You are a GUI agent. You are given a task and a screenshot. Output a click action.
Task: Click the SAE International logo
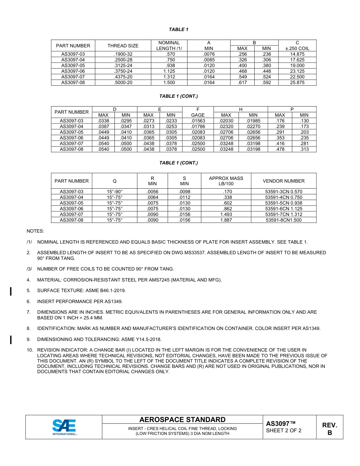click(64, 427)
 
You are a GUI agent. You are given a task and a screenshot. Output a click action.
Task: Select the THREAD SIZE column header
click(123, 46)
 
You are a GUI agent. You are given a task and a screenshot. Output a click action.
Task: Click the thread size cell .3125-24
click(123, 66)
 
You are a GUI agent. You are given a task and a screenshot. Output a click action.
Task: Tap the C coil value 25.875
click(297, 83)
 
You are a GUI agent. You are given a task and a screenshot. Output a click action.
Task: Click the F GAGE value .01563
click(198, 121)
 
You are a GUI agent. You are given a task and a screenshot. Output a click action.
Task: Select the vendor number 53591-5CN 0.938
click(283, 203)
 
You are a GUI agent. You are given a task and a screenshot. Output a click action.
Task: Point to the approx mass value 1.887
click(226, 220)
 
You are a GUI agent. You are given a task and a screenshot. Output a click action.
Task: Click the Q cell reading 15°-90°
click(114, 192)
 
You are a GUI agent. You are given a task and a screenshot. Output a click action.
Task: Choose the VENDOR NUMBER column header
click(283, 181)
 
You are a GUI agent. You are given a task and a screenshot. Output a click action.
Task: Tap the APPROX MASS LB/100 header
click(226, 181)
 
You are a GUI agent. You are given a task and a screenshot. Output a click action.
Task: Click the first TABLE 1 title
click(178, 30)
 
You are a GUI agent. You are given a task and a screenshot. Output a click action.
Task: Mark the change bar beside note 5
click(11, 291)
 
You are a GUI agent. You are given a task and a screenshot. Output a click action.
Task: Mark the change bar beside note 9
click(11, 339)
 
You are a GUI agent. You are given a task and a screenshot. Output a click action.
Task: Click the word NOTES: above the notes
click(35, 231)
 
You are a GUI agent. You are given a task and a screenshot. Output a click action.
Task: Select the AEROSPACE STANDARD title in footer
click(182, 420)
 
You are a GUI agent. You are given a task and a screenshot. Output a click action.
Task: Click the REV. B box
click(329, 429)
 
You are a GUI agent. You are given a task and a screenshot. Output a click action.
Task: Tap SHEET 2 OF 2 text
click(283, 431)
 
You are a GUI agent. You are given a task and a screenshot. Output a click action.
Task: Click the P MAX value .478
click(280, 149)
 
